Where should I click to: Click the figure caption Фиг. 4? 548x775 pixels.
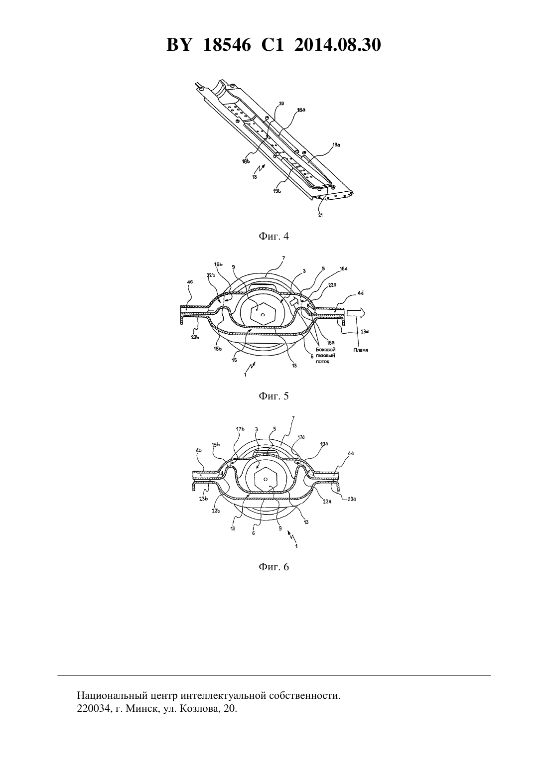coord(274,236)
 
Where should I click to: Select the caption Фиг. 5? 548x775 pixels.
coord(274,396)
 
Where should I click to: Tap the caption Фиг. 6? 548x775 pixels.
coord(274,567)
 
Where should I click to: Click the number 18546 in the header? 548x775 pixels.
coord(227,45)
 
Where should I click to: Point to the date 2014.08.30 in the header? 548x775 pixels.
coord(338,45)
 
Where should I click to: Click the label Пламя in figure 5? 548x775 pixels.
coord(361,350)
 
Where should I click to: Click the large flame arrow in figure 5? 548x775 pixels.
coord(356,313)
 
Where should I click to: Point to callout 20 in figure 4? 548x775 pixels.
coord(281,103)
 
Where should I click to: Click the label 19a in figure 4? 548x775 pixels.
coord(336,145)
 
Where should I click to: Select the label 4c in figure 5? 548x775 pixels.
coord(190,281)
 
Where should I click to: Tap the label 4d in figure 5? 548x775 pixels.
coord(361,293)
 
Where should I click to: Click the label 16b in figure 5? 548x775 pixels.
coord(218,264)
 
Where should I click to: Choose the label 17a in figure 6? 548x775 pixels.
coord(301,437)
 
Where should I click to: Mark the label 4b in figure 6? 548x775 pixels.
coord(199,450)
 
